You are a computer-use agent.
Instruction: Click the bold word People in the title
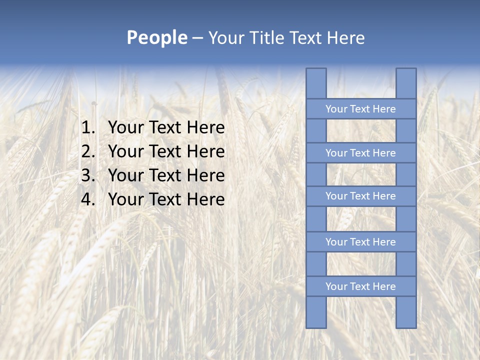click(x=157, y=38)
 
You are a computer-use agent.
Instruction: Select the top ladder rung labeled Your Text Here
click(x=360, y=109)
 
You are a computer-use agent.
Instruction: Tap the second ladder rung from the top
click(x=360, y=153)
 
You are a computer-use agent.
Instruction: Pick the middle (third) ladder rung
click(x=360, y=196)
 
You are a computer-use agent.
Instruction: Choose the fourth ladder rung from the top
click(x=360, y=242)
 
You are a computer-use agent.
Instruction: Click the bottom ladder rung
click(x=360, y=286)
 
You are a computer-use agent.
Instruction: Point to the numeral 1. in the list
click(x=88, y=128)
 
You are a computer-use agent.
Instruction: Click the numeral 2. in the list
click(x=88, y=151)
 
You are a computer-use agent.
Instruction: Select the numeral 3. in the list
click(x=88, y=175)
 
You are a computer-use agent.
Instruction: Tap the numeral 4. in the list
click(x=88, y=199)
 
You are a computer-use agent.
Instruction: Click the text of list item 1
click(x=166, y=128)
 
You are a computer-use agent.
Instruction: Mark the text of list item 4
click(x=166, y=199)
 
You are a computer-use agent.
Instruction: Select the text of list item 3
click(x=166, y=175)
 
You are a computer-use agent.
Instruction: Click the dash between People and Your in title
click(x=197, y=38)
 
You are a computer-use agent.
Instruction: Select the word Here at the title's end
click(x=345, y=38)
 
